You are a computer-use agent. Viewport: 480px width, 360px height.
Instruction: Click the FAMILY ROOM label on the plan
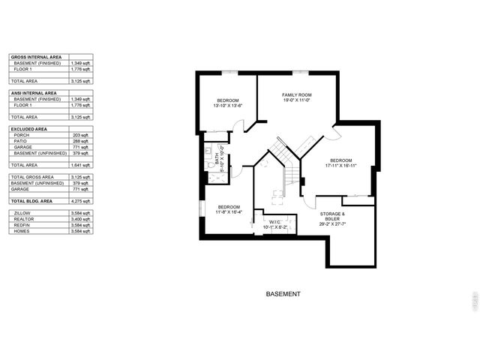[296, 94]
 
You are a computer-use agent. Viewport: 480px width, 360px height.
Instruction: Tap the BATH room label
[217, 160]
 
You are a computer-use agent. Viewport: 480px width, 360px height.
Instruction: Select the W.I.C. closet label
[274, 222]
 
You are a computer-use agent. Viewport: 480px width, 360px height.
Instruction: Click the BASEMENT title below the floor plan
[283, 294]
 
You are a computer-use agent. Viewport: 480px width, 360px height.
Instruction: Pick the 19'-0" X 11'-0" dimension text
[296, 101]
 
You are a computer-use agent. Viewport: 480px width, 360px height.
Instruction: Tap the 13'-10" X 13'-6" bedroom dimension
[228, 106]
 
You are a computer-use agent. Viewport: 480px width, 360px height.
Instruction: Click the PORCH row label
[22, 135]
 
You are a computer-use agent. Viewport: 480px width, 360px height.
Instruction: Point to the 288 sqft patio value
[80, 141]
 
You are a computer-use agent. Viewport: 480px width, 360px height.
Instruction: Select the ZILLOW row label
[22, 214]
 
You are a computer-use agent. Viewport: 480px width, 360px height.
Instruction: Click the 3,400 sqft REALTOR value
[80, 220]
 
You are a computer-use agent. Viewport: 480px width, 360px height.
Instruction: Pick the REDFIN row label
[22, 226]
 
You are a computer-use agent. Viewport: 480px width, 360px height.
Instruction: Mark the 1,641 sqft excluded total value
[80, 165]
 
